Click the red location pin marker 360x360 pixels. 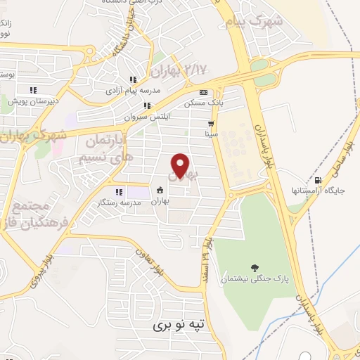181,166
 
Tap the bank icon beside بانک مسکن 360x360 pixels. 204,92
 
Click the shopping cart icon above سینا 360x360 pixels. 210,123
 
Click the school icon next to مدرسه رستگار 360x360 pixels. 119,191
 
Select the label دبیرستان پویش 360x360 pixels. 29,101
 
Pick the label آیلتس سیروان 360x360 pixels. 148,117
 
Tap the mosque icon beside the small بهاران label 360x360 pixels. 160,190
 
